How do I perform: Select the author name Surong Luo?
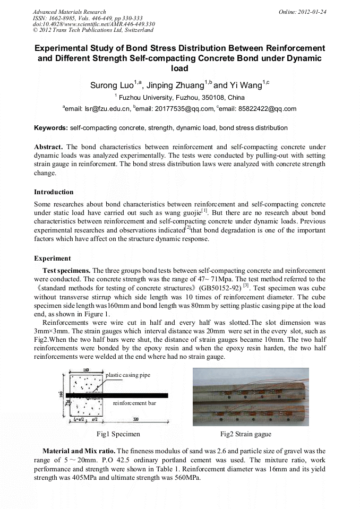pos(113,85)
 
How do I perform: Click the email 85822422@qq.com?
pos(268,109)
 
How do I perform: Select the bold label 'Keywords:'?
pos(50,128)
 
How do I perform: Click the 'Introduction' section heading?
pos(54,192)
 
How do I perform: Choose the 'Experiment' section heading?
pos(52,258)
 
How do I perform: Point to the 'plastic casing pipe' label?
pos(128,375)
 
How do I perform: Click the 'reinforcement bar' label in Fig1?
pos(134,403)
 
